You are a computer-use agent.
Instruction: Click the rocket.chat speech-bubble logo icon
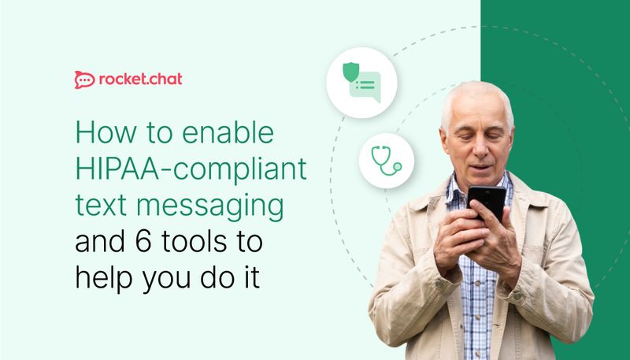coord(84,79)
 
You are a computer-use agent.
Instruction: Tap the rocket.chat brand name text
coord(142,79)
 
